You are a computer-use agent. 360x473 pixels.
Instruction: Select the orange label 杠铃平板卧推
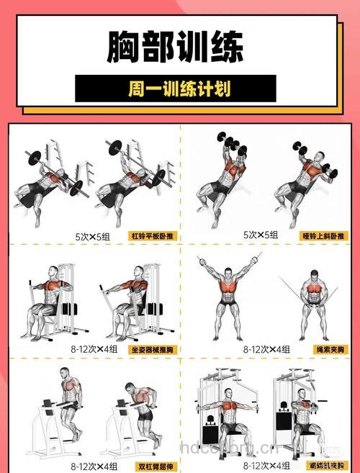[x=153, y=235]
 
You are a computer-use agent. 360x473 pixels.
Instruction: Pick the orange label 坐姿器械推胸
[x=153, y=349]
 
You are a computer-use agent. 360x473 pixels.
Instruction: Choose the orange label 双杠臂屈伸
[x=153, y=466]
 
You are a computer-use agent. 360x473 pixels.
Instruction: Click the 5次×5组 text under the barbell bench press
[x=93, y=235]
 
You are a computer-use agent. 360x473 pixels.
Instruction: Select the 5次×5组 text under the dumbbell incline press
[x=261, y=235]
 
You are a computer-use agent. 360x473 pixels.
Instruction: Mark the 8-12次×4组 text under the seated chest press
[x=94, y=349]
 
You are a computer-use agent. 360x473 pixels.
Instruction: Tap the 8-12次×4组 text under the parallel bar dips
[x=94, y=466]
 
